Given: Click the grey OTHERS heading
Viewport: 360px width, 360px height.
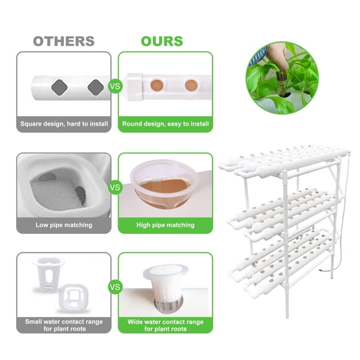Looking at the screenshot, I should click(x=64, y=41).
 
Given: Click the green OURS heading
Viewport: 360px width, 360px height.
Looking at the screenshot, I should click(x=162, y=41).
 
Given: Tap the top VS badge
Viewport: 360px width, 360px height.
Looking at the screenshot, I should click(x=115, y=86).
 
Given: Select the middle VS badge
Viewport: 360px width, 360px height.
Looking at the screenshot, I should click(x=115, y=186).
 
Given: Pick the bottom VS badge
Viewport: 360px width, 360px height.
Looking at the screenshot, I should click(x=115, y=287).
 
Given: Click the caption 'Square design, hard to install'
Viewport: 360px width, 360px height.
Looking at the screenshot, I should click(x=64, y=124).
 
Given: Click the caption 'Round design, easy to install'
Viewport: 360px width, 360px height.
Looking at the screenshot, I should click(x=166, y=124).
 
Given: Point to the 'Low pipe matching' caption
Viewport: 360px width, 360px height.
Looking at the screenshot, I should click(x=64, y=225).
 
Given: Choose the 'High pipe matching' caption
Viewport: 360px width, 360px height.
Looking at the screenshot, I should click(x=166, y=225).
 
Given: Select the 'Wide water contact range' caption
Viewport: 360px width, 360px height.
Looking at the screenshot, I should click(x=166, y=325).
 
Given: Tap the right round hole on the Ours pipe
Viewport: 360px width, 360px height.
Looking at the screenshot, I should click(x=190, y=86).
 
